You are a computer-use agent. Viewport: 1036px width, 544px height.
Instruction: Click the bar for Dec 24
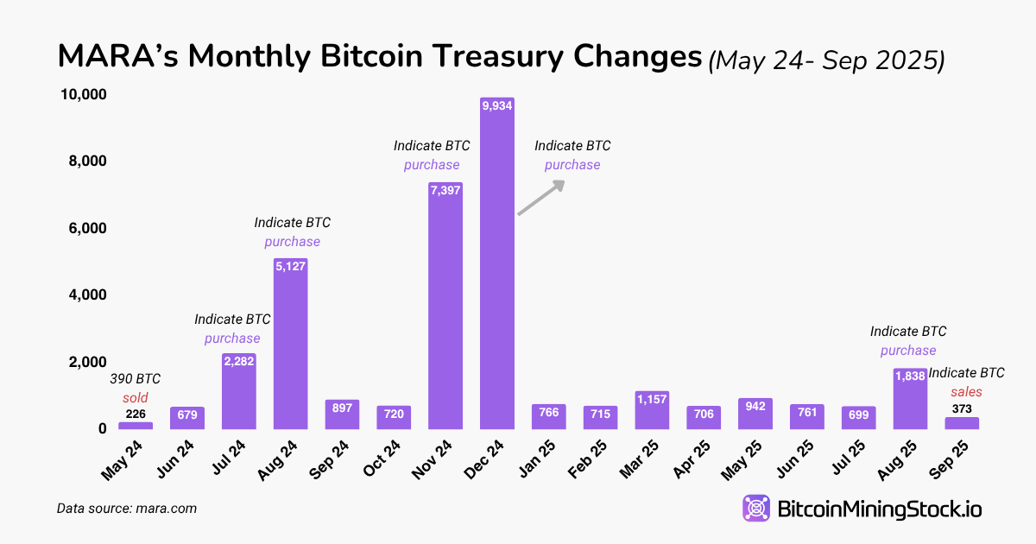coord(496,268)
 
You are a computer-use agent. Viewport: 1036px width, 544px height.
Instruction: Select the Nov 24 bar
coord(445,311)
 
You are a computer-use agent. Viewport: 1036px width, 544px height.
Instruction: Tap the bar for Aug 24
coord(290,345)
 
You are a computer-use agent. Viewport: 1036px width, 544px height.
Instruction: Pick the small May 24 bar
coord(136,425)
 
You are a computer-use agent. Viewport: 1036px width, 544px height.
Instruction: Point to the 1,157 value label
coord(652,399)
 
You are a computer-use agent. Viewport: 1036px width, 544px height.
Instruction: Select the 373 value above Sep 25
coord(961,408)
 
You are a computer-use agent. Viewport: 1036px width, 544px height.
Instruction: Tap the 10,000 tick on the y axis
coord(83,94)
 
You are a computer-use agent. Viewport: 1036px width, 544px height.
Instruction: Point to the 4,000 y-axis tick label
coord(86,294)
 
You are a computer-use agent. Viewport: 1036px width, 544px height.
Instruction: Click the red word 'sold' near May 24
coord(135,398)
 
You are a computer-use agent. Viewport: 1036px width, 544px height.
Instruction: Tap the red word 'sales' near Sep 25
coord(966,391)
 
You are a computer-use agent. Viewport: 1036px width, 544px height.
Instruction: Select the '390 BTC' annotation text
coord(135,379)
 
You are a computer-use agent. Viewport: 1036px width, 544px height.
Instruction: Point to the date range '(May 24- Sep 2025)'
coord(826,60)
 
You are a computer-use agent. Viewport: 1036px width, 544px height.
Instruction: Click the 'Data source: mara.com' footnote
coord(127,509)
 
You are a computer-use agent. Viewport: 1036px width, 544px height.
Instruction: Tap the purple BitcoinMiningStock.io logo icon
coord(757,509)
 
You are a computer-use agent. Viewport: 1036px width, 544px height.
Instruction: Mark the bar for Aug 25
coord(910,399)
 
